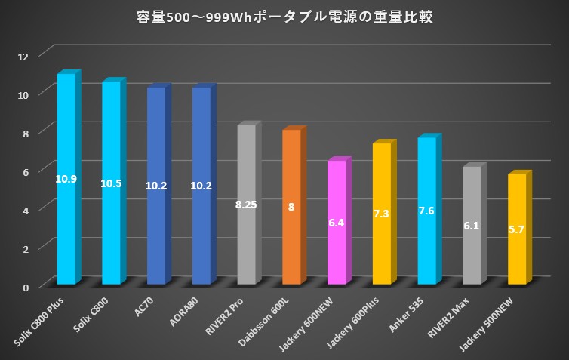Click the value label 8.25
pos(247,205)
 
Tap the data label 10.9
pos(66,179)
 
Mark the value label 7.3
pos(381,214)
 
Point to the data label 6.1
pos(472,226)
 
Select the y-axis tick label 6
pos(25,171)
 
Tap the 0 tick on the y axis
pos(25,287)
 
